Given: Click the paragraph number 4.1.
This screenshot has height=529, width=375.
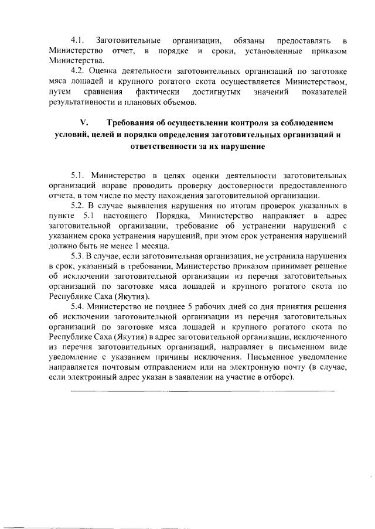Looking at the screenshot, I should click(x=79, y=40).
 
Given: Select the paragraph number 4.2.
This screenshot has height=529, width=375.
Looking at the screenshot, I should click(x=79, y=72).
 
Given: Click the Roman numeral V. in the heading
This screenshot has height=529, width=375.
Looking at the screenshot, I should click(x=83, y=124).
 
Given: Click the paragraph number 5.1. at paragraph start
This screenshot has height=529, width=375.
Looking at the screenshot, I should click(x=79, y=175).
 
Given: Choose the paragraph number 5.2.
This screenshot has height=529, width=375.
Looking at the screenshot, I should click(x=79, y=206).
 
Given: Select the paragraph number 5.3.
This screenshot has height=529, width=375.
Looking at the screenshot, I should click(x=79, y=258).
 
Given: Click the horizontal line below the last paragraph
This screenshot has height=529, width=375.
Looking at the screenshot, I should click(x=202, y=390).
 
